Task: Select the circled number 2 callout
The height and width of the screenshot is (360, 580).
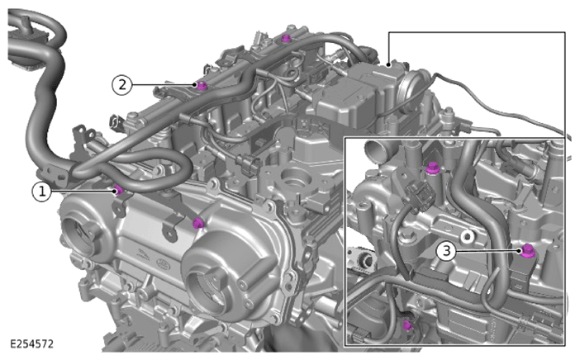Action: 121,85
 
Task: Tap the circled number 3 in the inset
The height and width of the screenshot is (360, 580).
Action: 446,251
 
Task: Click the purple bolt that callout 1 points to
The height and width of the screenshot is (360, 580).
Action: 118,191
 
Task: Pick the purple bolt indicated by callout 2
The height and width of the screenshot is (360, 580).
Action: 201,85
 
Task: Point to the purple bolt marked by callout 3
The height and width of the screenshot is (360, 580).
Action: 527,250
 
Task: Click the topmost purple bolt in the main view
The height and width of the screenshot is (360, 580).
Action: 285,38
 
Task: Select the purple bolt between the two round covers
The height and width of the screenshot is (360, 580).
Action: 198,222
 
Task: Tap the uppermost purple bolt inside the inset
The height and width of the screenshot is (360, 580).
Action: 431,168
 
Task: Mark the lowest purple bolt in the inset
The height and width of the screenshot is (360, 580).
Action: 406,324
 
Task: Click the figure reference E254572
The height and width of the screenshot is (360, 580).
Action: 32,343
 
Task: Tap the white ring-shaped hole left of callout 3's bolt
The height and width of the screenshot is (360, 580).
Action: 467,235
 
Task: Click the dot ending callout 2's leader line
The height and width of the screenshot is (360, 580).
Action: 195,85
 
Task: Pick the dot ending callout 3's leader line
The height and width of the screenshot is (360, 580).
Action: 520,251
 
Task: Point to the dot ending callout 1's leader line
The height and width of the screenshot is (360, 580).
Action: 115,191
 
